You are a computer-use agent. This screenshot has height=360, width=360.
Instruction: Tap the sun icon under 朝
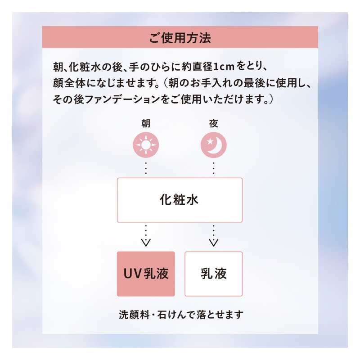pyautogui.click(x=146, y=145)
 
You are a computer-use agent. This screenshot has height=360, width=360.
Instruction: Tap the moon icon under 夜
pyautogui.click(x=213, y=145)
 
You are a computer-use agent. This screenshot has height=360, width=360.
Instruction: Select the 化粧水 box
pyautogui.click(x=180, y=200)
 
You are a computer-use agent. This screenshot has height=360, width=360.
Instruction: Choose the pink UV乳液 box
pyautogui.click(x=146, y=274)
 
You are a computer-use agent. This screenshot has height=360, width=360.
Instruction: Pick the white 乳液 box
pyautogui.click(x=214, y=274)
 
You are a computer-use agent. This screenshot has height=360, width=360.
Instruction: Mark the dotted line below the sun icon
pyautogui.click(x=146, y=167)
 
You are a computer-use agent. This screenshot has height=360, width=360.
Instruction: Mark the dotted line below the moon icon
pyautogui.click(x=213, y=167)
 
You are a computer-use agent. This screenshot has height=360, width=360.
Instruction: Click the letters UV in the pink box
pyautogui.click(x=133, y=274)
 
